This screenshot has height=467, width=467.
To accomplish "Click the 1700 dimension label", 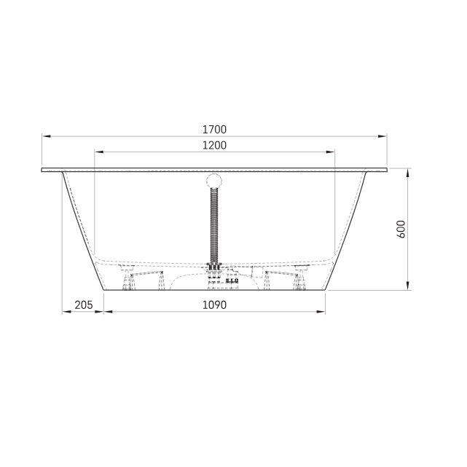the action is click(x=214, y=130).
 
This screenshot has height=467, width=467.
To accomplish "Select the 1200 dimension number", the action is click(x=214, y=145).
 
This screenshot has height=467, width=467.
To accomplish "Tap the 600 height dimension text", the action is click(x=401, y=229).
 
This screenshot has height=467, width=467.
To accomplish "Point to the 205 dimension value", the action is click(x=84, y=305).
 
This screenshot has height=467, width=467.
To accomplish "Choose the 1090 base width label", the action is click(x=214, y=305).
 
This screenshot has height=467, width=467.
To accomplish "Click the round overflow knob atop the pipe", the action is click(x=214, y=181).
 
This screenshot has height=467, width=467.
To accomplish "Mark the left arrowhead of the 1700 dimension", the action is click(x=46, y=136).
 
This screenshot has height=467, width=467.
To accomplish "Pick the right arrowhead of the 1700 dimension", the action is click(x=382, y=136).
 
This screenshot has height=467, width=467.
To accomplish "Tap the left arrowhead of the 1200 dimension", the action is click(x=99, y=152).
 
